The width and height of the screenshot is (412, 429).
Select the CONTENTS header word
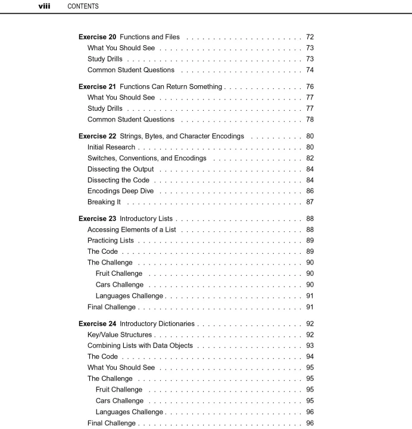click(x=83, y=7)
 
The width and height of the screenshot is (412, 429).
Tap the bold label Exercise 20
click(x=97, y=37)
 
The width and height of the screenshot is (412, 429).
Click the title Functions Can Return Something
click(x=171, y=86)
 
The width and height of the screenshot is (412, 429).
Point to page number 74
click(x=310, y=70)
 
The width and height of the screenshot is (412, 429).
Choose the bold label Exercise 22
click(x=97, y=136)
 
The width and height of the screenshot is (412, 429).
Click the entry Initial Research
click(x=111, y=147)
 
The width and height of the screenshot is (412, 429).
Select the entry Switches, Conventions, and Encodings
click(x=147, y=158)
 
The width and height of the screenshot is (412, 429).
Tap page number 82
click(x=310, y=158)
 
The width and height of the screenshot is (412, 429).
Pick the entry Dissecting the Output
click(x=120, y=169)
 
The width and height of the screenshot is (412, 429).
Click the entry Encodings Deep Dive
click(x=120, y=191)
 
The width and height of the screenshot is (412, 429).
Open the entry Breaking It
click(x=104, y=202)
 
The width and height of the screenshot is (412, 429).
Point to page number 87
click(x=310, y=202)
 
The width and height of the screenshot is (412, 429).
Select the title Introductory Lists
click(x=146, y=219)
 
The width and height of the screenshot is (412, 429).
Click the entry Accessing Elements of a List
click(x=132, y=229)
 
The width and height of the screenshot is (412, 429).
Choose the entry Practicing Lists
click(x=111, y=241)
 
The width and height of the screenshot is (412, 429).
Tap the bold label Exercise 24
click(x=97, y=324)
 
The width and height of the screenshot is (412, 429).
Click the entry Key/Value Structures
click(x=120, y=335)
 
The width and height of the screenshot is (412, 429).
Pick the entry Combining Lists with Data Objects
click(x=140, y=346)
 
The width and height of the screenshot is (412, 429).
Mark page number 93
click(x=310, y=346)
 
